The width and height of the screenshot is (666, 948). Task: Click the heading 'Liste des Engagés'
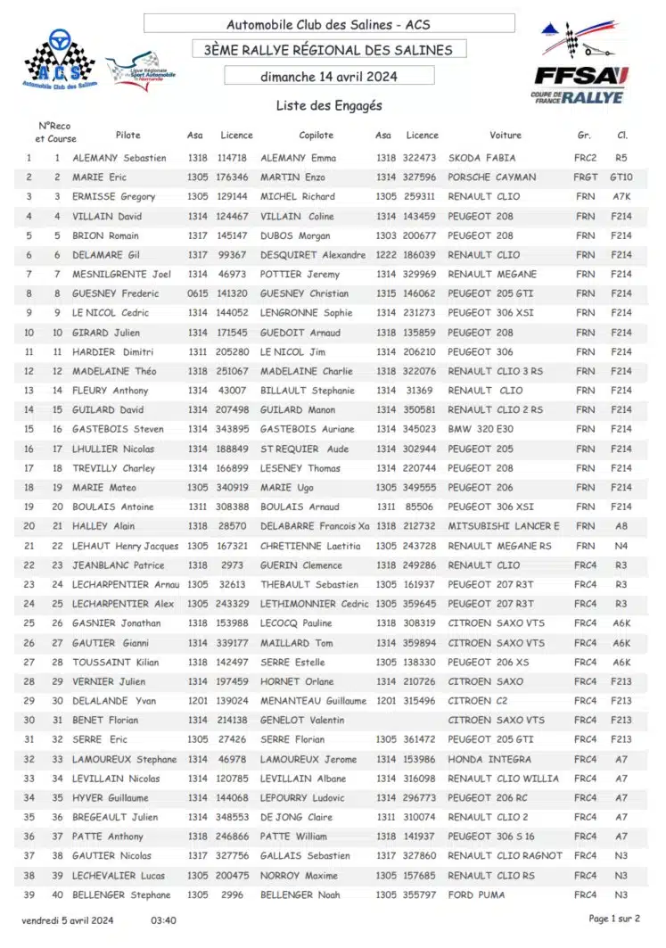[329, 106]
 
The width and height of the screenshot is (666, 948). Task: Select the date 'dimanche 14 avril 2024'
[329, 77]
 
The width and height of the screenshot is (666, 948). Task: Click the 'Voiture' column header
[506, 136]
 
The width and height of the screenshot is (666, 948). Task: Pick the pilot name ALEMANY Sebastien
[119, 158]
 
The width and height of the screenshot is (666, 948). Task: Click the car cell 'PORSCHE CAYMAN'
[491, 177]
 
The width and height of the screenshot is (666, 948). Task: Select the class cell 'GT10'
[621, 177]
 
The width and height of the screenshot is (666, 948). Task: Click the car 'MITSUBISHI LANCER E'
[504, 526]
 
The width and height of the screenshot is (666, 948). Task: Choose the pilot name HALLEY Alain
[104, 526]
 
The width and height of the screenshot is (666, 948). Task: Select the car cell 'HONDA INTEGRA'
[489, 759]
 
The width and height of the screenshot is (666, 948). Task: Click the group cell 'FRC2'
[586, 158]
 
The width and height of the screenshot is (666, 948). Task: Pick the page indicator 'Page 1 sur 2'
[614, 918]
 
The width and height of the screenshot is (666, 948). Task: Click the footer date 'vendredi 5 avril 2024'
[68, 919]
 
